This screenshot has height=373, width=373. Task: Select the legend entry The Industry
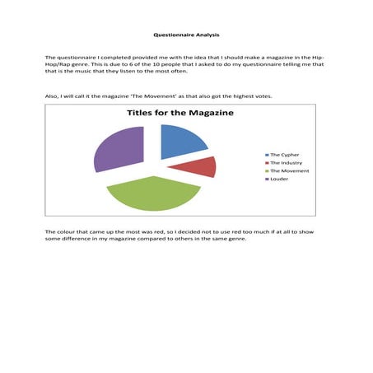coord(284,162)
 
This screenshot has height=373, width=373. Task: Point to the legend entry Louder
coord(279,179)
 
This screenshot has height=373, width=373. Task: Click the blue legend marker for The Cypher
coord(266,154)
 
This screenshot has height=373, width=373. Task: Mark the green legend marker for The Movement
coord(266,170)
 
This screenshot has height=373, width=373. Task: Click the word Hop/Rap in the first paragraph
coord(58,65)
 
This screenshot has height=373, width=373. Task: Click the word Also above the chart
coord(53,96)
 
